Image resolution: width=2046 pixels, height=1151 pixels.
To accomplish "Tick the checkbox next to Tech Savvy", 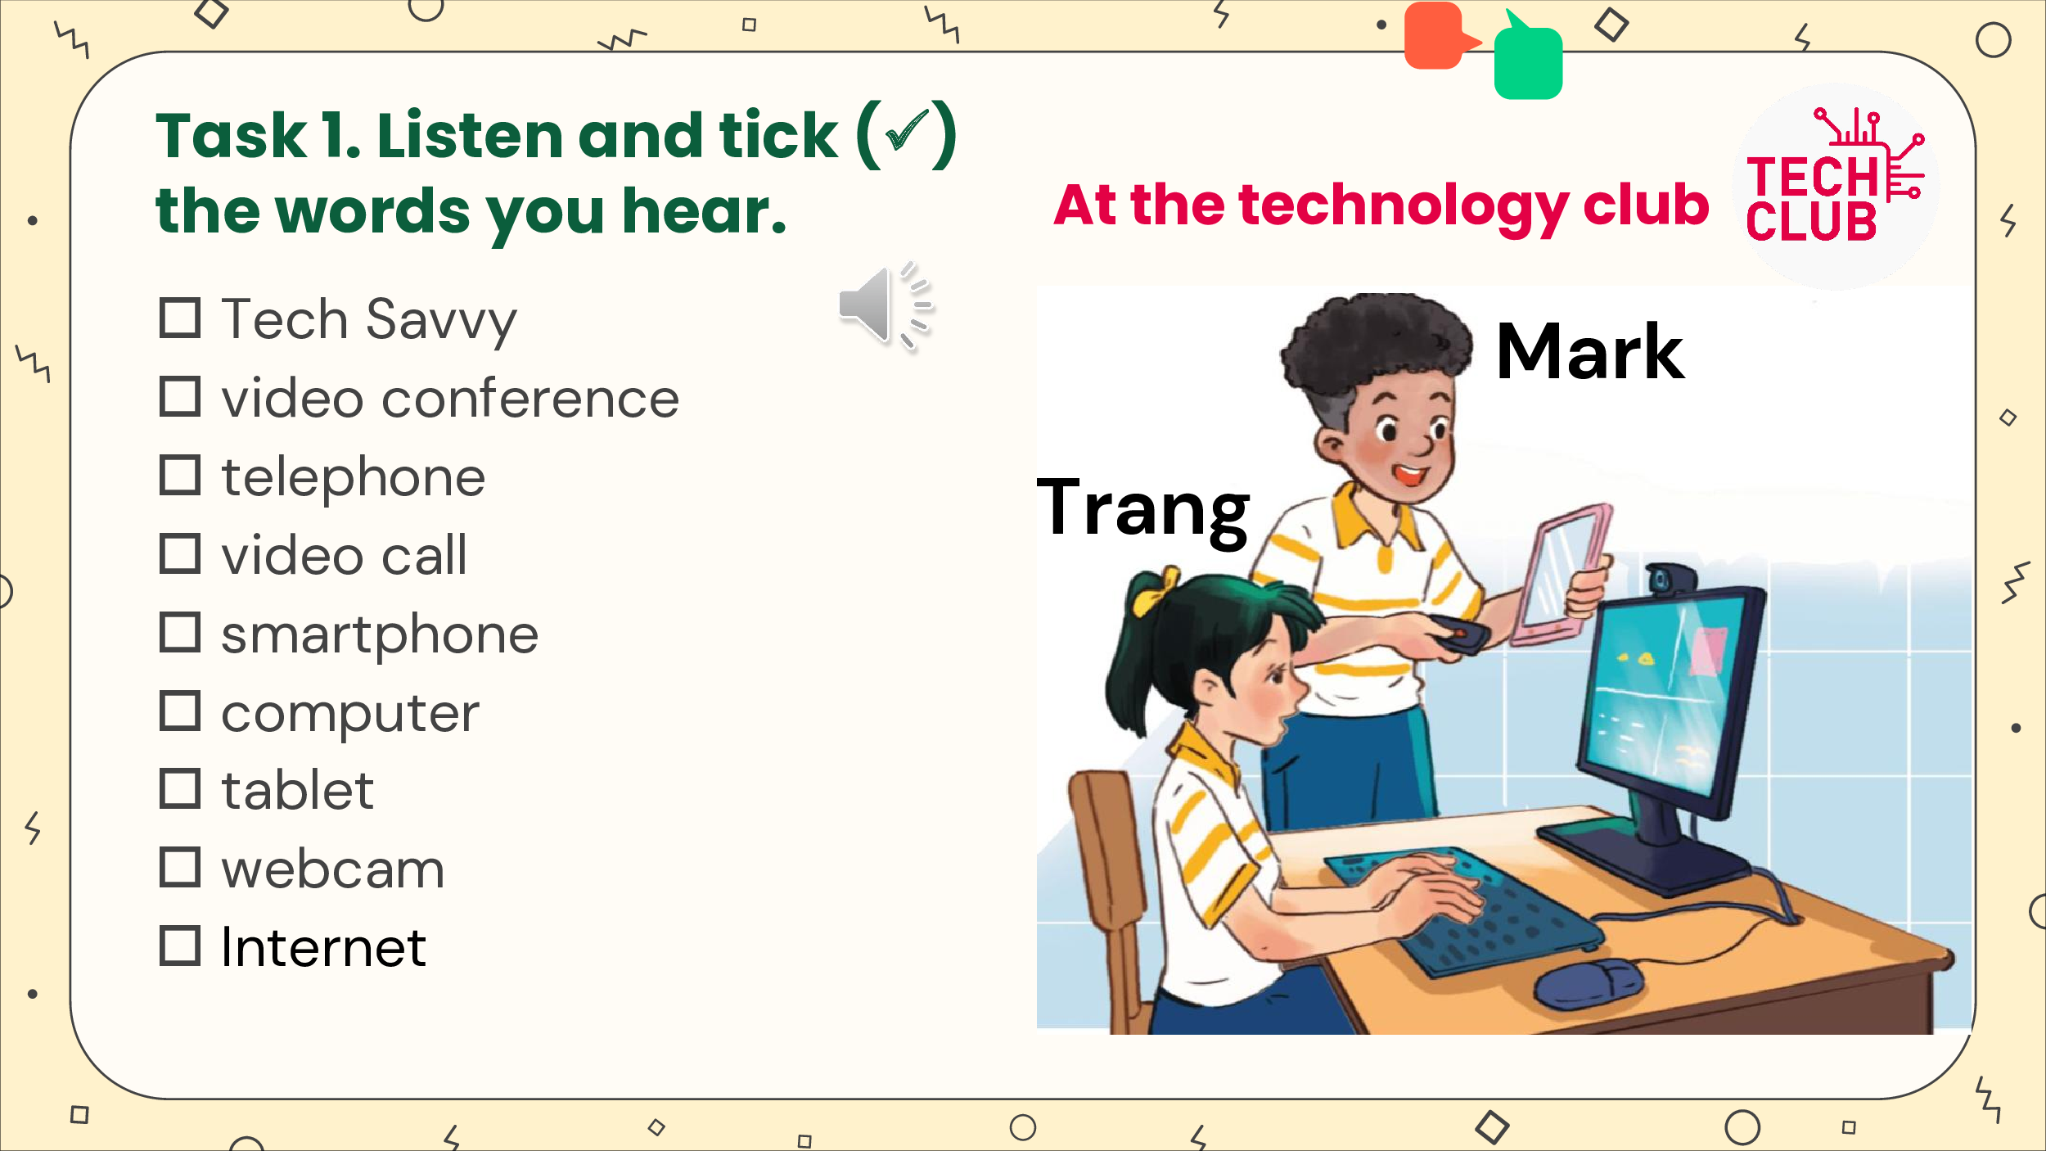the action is [x=180, y=318].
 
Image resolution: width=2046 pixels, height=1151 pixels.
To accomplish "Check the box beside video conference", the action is [x=180, y=397].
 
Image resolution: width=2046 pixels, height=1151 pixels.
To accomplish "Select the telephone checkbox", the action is [x=180, y=476].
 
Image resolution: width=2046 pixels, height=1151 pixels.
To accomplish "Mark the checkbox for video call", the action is [x=180, y=554].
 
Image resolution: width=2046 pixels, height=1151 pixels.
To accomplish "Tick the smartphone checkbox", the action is [x=180, y=633].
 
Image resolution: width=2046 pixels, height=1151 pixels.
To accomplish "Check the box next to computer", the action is [x=180, y=711].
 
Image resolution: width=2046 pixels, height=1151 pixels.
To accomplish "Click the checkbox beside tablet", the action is [x=180, y=789].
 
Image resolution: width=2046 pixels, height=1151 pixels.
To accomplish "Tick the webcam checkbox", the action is [x=180, y=868].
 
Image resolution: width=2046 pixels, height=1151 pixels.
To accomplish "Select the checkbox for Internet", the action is [x=180, y=946].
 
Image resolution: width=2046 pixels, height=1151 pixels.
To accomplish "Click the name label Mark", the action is [x=1589, y=352].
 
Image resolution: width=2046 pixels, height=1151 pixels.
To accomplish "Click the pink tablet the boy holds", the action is [x=1562, y=573].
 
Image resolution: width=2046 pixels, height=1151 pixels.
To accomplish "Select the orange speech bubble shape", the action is [x=1439, y=36].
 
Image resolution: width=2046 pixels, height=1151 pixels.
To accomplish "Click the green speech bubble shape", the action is [x=1527, y=59].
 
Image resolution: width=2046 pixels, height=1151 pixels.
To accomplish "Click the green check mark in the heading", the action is [x=907, y=130].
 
